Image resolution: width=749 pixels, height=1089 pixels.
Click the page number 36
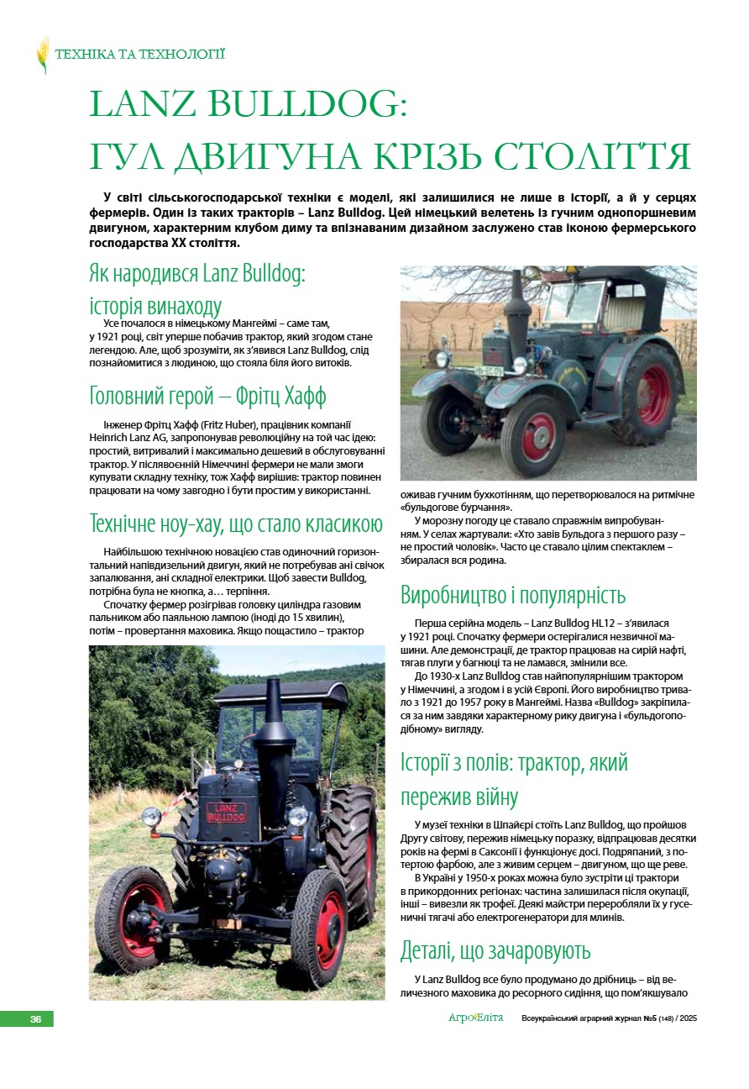[x=36, y=1019]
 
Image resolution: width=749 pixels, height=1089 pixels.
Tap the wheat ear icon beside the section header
[x=43, y=55]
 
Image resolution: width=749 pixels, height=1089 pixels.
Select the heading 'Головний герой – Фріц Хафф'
[x=207, y=396]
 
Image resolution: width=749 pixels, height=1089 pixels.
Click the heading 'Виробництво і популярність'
[x=513, y=596]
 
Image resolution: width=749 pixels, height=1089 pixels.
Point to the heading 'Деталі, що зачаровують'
[x=495, y=951]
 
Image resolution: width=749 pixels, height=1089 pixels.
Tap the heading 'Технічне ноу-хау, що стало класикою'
[x=236, y=524]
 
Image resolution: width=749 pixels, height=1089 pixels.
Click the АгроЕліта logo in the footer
[x=475, y=1018]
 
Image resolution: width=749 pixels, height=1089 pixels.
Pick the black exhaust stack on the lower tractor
[x=273, y=731]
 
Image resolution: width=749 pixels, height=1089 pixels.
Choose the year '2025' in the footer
[x=687, y=1019]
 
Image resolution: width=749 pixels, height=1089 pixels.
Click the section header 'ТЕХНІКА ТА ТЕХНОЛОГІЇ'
[x=140, y=55]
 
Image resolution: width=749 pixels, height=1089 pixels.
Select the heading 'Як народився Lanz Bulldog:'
[x=196, y=274]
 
